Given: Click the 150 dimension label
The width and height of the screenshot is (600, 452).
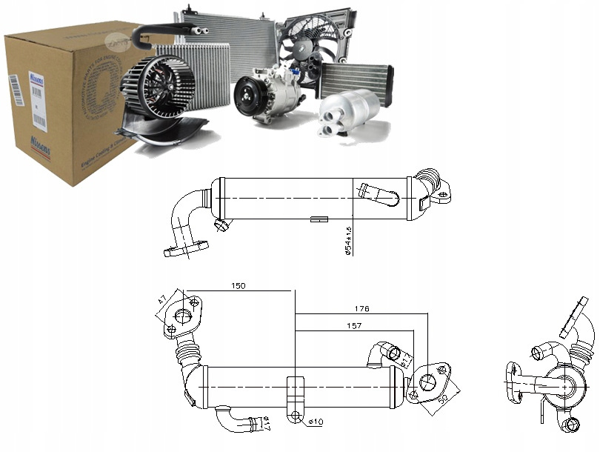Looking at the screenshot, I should [x=238, y=285].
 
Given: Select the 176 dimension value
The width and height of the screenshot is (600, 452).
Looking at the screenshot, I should [x=361, y=308].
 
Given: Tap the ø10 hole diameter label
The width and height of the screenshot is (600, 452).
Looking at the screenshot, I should [x=315, y=422].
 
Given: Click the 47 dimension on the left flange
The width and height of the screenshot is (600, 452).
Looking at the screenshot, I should [x=162, y=302].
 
